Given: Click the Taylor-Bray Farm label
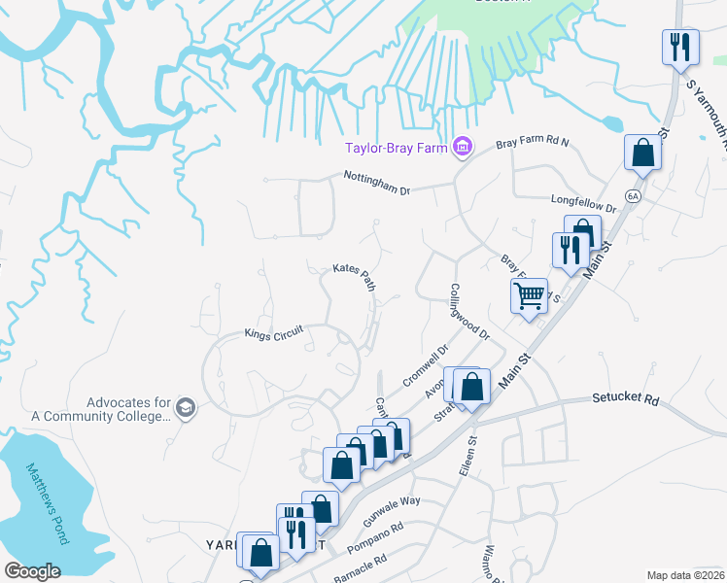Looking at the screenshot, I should click(x=398, y=148).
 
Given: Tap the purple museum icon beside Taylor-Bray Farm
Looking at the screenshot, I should click(x=462, y=148).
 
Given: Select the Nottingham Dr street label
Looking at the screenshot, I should click(x=377, y=182).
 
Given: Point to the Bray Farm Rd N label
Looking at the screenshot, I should click(x=533, y=142).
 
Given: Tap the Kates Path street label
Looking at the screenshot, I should click(x=355, y=276).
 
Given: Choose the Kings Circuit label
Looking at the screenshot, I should click(x=274, y=332).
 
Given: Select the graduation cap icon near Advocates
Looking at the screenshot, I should click(x=186, y=408).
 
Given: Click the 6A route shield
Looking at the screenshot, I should click(x=634, y=195).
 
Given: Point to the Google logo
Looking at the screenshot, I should click(x=32, y=571).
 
